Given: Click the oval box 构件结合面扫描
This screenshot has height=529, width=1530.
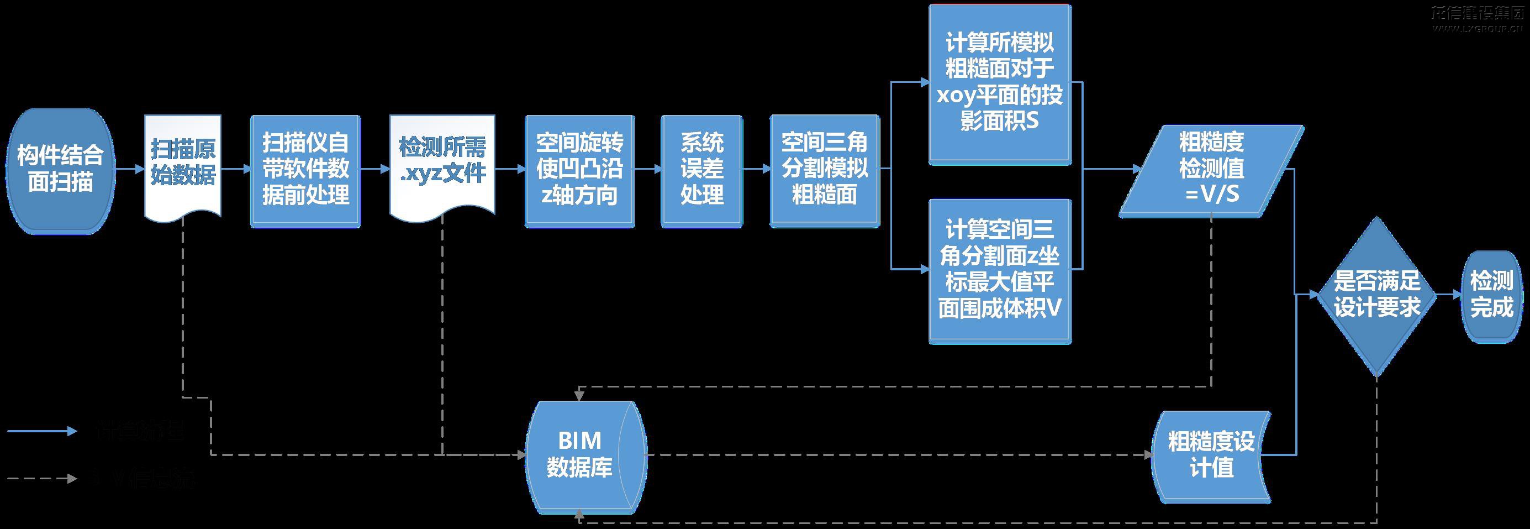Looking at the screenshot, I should (x=60, y=170).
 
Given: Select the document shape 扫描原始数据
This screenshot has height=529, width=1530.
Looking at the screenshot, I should (x=183, y=164).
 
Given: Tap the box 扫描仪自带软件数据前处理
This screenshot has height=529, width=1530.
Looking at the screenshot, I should (x=305, y=170).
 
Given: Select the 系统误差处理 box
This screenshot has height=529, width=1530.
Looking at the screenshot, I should (x=701, y=170).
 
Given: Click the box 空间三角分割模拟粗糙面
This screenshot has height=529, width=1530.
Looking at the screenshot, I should (x=825, y=170).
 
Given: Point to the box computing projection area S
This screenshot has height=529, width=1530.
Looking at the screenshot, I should (x=1000, y=83).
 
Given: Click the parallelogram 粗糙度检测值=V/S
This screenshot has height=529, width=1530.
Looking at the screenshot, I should (x=1211, y=170).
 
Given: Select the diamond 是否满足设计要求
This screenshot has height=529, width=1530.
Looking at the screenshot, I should (x=1377, y=295).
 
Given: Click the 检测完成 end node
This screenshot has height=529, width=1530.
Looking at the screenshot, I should (x=1491, y=295).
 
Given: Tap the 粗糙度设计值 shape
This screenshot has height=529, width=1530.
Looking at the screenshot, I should (x=1211, y=455).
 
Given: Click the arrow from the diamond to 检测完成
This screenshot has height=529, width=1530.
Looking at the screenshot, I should (x=1449, y=295).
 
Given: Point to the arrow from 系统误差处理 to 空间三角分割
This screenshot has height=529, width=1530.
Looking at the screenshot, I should (x=756, y=169).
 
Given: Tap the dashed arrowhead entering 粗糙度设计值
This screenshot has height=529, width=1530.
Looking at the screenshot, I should (x=1147, y=455).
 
